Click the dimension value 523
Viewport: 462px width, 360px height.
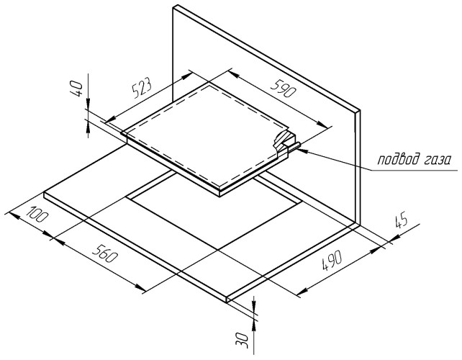click(x=142, y=88)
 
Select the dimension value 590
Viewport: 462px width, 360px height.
click(x=283, y=88)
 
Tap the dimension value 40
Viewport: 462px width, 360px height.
click(x=76, y=89)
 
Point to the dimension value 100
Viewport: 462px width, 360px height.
click(x=37, y=215)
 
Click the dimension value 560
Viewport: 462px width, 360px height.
click(x=104, y=253)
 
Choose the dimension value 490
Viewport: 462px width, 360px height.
click(x=332, y=260)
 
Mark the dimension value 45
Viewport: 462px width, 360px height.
click(x=401, y=220)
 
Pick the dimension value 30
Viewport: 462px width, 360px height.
click(x=243, y=340)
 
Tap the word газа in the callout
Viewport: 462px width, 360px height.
click(x=438, y=161)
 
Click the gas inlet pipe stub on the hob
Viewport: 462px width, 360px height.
click(x=294, y=147)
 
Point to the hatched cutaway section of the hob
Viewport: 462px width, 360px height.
click(x=284, y=141)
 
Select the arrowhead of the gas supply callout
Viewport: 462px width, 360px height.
click(x=302, y=150)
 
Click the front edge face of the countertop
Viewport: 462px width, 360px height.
click(x=135, y=248)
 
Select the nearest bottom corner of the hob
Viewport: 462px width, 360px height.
click(x=219, y=195)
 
